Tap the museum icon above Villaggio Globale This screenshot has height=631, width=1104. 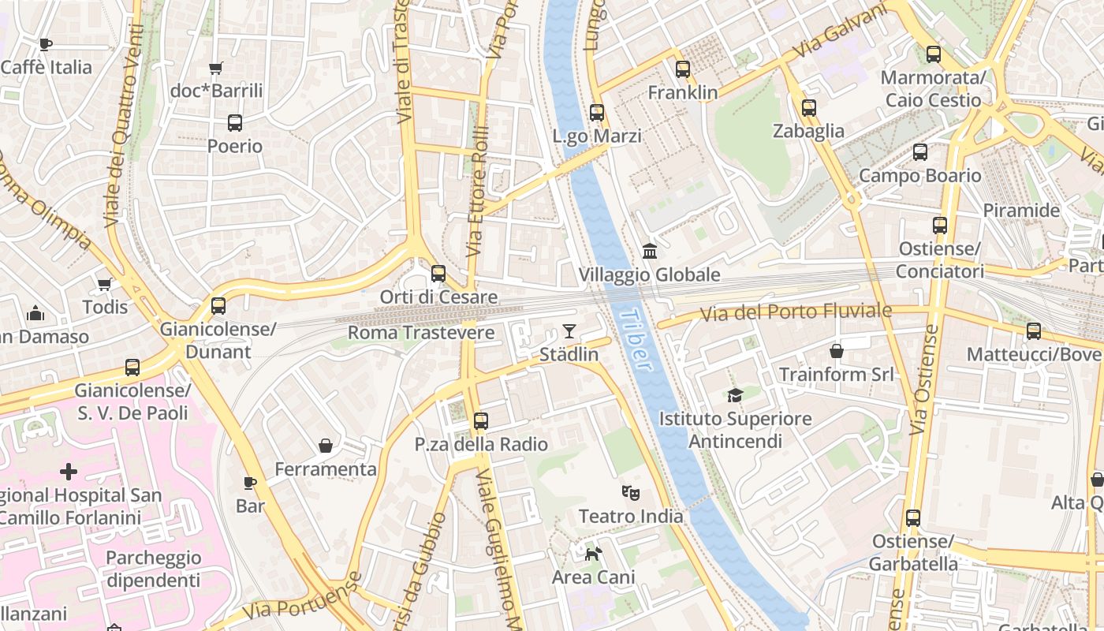(650, 252)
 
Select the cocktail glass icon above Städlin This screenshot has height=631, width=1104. (569, 331)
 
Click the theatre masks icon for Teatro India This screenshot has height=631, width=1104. (630, 493)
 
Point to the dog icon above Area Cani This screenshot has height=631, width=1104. (593, 554)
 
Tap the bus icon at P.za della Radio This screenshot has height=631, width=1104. (481, 421)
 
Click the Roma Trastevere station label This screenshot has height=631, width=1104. (421, 333)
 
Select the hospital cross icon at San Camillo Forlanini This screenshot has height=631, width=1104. (69, 472)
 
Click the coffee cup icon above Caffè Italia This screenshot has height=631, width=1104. (46, 44)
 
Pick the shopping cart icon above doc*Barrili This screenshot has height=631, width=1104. (216, 69)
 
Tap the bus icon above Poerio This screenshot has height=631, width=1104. (235, 123)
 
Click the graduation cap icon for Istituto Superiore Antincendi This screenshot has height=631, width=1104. (735, 395)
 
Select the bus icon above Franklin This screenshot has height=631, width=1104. (683, 69)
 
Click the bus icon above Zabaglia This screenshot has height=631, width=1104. (809, 108)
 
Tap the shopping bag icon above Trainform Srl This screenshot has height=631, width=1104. (837, 350)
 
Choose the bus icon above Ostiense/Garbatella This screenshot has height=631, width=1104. (913, 518)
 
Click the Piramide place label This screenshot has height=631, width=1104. (1021, 211)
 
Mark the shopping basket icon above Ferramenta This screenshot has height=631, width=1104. (326, 446)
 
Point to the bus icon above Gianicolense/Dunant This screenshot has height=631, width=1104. (218, 305)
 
